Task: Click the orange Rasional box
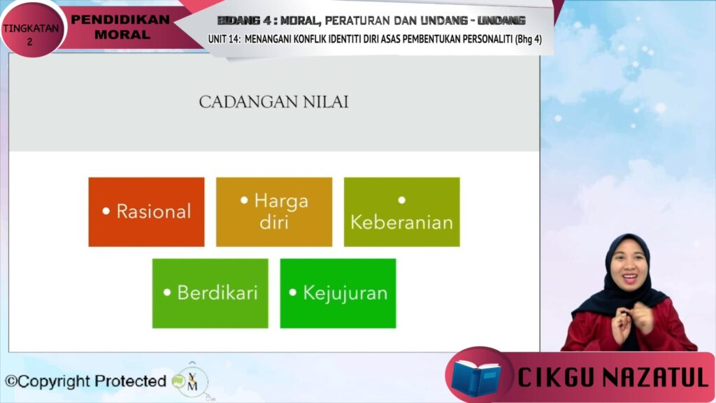click(147, 212)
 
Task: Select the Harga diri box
click(274, 212)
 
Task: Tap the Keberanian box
click(402, 212)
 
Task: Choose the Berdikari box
click(210, 293)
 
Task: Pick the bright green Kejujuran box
click(338, 293)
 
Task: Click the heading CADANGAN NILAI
click(273, 102)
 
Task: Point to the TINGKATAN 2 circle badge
click(31, 29)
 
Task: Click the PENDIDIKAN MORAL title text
click(121, 27)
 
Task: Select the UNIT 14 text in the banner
click(224, 39)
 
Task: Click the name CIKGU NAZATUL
click(613, 377)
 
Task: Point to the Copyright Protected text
click(85, 381)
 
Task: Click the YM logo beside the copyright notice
click(192, 381)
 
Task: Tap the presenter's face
click(629, 270)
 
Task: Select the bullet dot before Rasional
click(106, 211)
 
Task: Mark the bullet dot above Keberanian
click(402, 200)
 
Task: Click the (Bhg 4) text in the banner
click(529, 39)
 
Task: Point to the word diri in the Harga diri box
click(274, 222)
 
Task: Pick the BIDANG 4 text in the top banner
click(245, 20)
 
